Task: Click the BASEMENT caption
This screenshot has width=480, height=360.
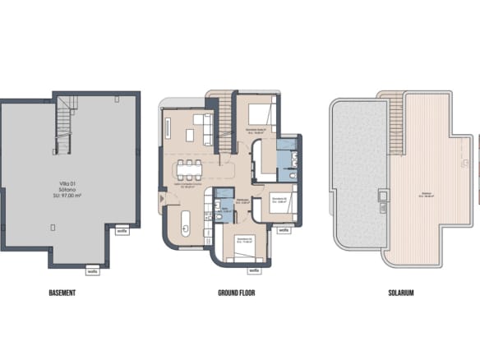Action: (62, 293)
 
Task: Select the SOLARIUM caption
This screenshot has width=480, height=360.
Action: (400, 293)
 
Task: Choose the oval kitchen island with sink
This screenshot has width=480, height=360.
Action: (185, 224)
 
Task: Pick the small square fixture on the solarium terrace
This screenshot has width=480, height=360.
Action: (381, 196)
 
